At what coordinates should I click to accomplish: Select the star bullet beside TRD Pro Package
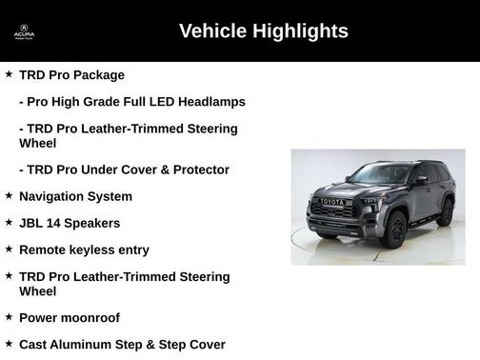(9, 73)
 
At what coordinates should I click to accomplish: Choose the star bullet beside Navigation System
(9, 195)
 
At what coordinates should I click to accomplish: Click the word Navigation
(52, 196)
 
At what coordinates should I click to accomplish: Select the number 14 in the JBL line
(55, 223)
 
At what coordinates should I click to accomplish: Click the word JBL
(31, 223)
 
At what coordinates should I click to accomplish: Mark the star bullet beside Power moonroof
(9, 317)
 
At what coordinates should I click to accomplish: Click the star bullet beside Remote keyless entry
(9, 249)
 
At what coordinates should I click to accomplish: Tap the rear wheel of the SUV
(445, 212)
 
